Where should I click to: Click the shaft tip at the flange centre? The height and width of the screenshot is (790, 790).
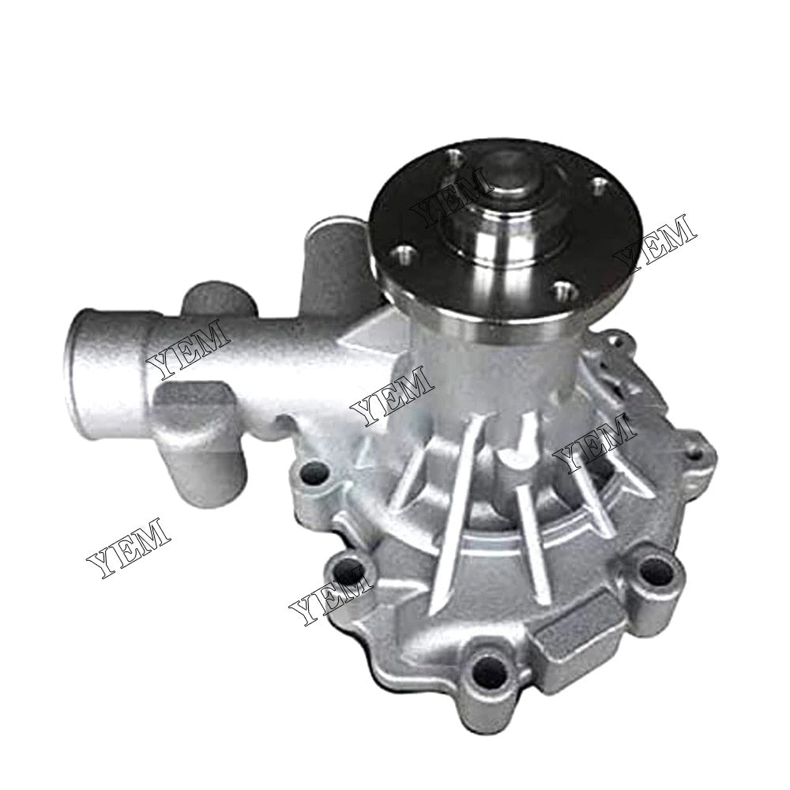point(504,173)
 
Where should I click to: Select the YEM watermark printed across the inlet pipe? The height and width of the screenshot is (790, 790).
point(190,353)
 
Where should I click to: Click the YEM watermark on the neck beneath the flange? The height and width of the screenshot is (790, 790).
point(393,393)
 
